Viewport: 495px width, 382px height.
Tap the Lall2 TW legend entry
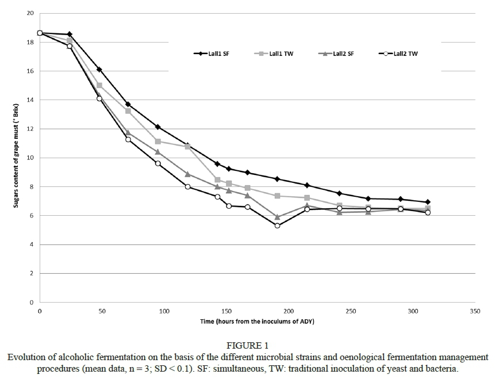pos(402,53)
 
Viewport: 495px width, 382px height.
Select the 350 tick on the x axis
pos(475,311)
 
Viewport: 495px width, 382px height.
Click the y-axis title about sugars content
pos(16,155)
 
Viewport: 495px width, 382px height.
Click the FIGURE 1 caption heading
pos(247,346)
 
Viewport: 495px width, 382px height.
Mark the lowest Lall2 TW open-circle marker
pos(277,226)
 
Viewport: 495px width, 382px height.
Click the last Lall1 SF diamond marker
pos(428,202)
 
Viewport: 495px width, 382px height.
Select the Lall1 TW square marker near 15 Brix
pos(99,85)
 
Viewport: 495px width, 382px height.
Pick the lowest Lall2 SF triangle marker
pos(277,217)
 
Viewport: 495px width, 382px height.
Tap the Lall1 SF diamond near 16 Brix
pos(99,70)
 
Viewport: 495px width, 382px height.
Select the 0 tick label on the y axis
pos(32,303)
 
